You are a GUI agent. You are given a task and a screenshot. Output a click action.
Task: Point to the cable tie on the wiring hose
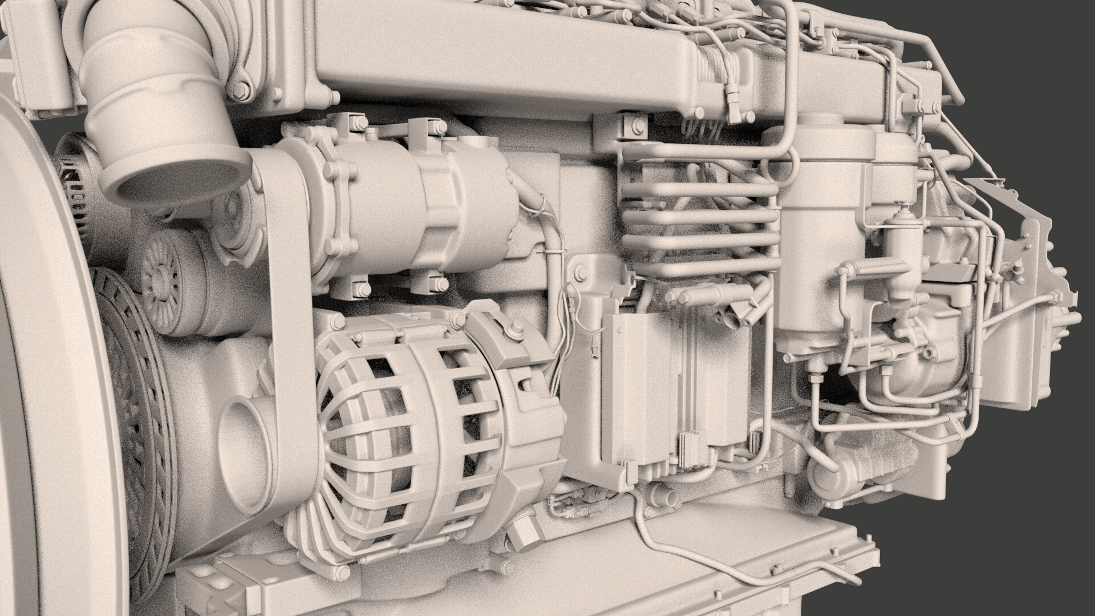click(552, 250)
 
